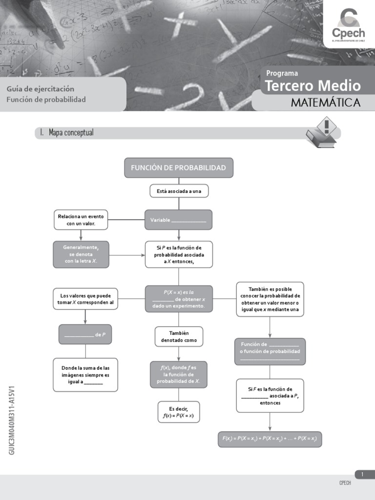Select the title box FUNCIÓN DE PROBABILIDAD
tap(178, 168)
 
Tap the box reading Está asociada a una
tap(179, 191)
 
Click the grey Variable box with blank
tap(178, 220)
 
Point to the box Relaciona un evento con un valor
tap(81, 220)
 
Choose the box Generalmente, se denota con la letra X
tap(81, 254)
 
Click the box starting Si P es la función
tap(179, 254)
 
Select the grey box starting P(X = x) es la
tap(179, 299)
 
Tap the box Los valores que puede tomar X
tap(85, 299)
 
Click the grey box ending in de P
tap(85, 334)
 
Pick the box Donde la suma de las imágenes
tap(85, 375)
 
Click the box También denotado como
tap(179, 336)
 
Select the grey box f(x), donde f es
tap(179, 375)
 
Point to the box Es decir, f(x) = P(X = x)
tap(179, 412)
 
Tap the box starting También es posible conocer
tap(270, 299)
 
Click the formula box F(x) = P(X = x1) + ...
tap(270, 439)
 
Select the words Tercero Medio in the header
tap(312, 86)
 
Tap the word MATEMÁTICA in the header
tap(326, 103)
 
